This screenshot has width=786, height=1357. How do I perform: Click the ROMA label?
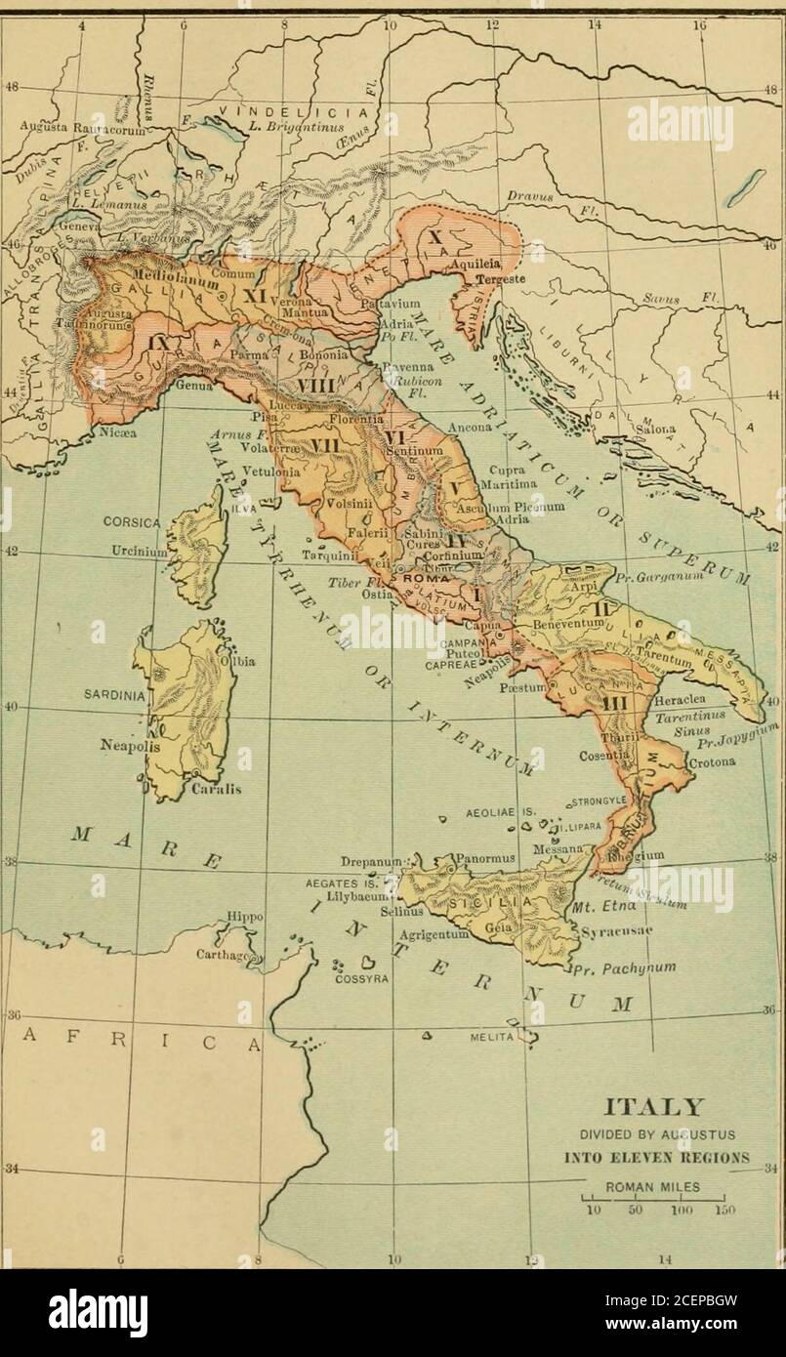pyautogui.click(x=421, y=579)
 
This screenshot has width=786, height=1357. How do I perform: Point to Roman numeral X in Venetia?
pyautogui.click(x=434, y=234)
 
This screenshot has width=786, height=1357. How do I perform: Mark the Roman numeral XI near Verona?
pyautogui.click(x=256, y=294)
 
